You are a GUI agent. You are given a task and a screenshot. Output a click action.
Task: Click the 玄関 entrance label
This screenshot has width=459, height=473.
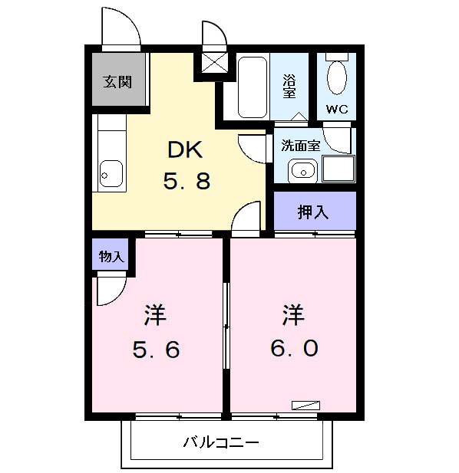[117, 81]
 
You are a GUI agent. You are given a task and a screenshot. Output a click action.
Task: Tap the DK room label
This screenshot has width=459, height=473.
[185, 148]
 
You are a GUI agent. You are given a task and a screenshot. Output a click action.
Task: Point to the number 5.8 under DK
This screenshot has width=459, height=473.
[186, 182]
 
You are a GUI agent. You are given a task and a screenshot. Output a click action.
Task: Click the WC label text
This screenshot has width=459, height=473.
[337, 110]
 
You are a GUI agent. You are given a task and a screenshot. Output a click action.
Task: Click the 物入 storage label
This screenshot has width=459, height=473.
[112, 256]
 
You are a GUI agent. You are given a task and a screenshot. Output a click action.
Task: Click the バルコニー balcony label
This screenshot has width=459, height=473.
[221, 442]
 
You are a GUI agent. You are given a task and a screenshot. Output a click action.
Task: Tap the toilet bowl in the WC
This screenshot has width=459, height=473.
[337, 77]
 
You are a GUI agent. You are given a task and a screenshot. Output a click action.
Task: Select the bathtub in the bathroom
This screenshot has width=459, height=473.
[251, 87]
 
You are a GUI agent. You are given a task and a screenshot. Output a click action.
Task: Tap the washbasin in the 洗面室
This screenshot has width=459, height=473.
[302, 170]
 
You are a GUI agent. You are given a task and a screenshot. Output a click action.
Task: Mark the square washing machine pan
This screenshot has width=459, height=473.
[338, 169]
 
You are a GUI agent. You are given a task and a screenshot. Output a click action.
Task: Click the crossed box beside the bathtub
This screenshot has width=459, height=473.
[213, 62]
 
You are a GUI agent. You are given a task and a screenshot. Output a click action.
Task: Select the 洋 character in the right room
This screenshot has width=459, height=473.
[293, 314]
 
